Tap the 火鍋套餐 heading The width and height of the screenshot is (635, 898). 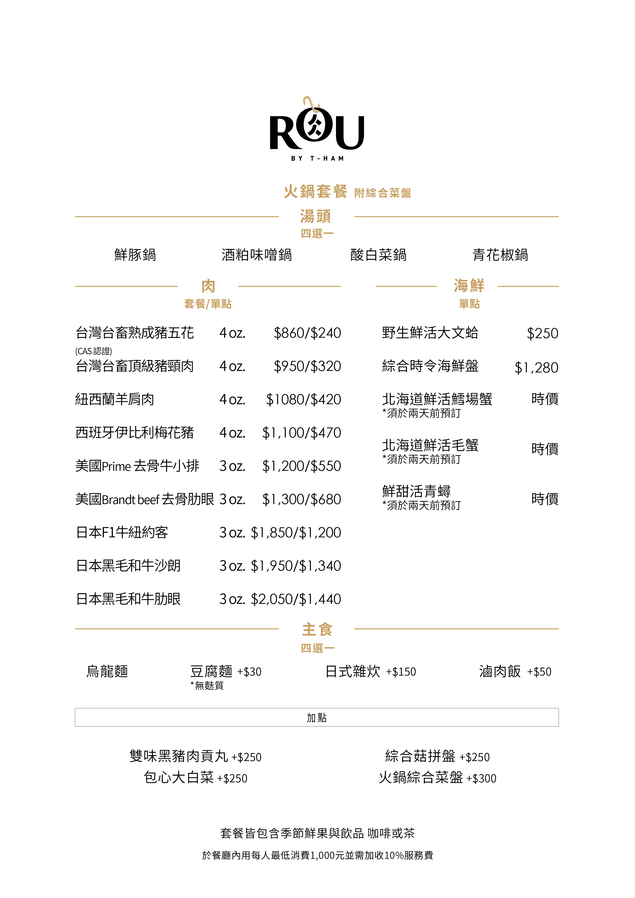pyautogui.click(x=315, y=192)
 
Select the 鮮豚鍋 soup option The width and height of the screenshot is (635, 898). pyautogui.click(x=135, y=255)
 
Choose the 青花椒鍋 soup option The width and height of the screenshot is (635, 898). pyautogui.click(x=500, y=255)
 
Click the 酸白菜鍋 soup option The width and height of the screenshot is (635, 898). pyautogui.click(x=378, y=255)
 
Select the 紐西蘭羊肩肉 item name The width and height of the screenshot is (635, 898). pyautogui.click(x=115, y=400)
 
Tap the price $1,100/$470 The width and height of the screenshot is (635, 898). pyautogui.click(x=302, y=433)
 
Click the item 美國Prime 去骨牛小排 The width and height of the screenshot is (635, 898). pyautogui.click(x=137, y=466)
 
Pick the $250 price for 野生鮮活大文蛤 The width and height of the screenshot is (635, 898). pyautogui.click(x=542, y=334)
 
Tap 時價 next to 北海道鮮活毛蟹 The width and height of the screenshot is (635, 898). pyautogui.click(x=545, y=449)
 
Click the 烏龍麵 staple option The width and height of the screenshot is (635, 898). pyautogui.click(x=107, y=671)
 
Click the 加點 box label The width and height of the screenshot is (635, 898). pyautogui.click(x=317, y=718)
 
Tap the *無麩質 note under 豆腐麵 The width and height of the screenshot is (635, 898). pyautogui.click(x=207, y=686)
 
